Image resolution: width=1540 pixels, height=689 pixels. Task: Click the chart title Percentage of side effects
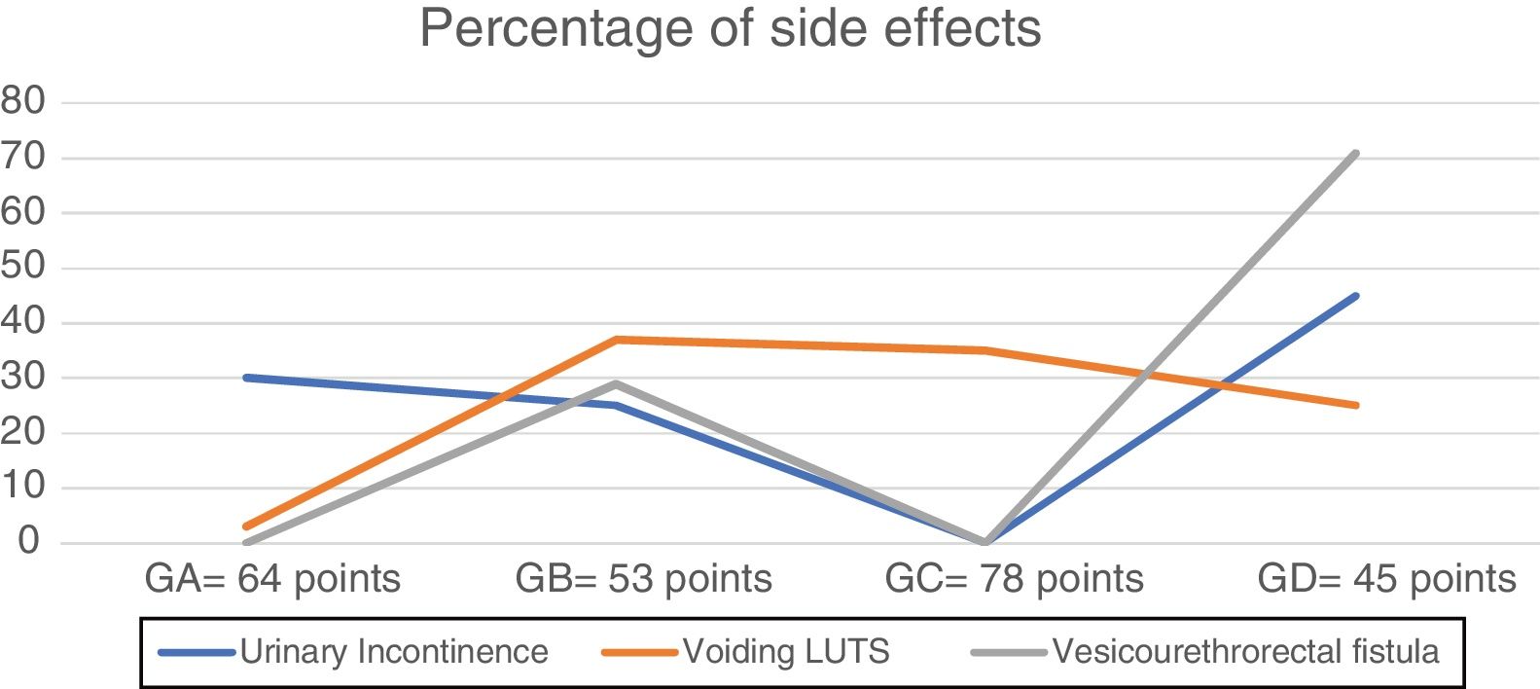tap(730, 28)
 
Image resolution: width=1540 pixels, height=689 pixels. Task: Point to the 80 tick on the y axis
tap(23, 101)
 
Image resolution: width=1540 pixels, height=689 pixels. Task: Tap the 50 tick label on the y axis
tap(23, 267)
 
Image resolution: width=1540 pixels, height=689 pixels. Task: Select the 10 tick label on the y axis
tap(23, 487)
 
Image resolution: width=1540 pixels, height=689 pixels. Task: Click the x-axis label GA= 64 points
tap(272, 579)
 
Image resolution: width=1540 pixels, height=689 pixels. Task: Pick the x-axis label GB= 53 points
tap(643, 579)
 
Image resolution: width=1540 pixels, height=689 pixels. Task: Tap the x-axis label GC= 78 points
tap(1014, 579)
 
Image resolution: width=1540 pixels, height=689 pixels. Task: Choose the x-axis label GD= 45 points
tap(1386, 579)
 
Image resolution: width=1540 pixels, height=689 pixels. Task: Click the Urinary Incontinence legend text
tap(394, 651)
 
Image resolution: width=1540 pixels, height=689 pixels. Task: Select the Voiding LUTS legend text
tap(786, 651)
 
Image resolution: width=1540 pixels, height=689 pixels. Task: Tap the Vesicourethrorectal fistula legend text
tap(1245, 651)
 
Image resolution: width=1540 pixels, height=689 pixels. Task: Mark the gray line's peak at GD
tap(1355, 153)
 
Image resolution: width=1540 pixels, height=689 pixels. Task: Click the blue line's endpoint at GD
tap(1355, 296)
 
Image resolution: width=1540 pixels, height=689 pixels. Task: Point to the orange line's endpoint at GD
tap(1355, 405)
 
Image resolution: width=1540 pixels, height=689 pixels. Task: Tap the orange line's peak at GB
tap(616, 340)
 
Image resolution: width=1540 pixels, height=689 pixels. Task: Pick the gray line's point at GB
tap(616, 383)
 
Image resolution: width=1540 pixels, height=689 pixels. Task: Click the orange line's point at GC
tap(985, 350)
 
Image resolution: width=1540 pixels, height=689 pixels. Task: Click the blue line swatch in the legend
tap(197, 652)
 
